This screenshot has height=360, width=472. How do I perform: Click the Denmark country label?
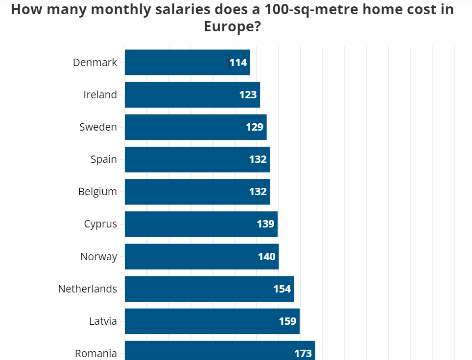click(95, 63)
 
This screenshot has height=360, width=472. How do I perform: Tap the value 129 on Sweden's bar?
click(255, 127)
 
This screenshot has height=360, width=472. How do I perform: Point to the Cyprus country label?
click(100, 224)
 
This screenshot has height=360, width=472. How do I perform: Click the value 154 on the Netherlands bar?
click(282, 289)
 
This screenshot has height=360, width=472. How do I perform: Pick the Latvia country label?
click(103, 321)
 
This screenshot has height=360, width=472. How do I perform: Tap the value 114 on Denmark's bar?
click(238, 63)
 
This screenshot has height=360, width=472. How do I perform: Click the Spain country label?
click(104, 159)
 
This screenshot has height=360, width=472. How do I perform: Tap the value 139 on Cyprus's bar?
click(265, 224)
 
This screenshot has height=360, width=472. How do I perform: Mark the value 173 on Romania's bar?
click(303, 353)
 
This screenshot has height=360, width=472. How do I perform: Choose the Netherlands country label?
click(88, 289)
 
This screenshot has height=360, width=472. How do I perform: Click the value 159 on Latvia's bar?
click(287, 321)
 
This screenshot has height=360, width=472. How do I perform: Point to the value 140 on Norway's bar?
click(267, 256)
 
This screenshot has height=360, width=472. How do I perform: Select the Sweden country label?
click(98, 127)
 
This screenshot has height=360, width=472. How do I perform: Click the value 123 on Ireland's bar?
click(248, 95)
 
